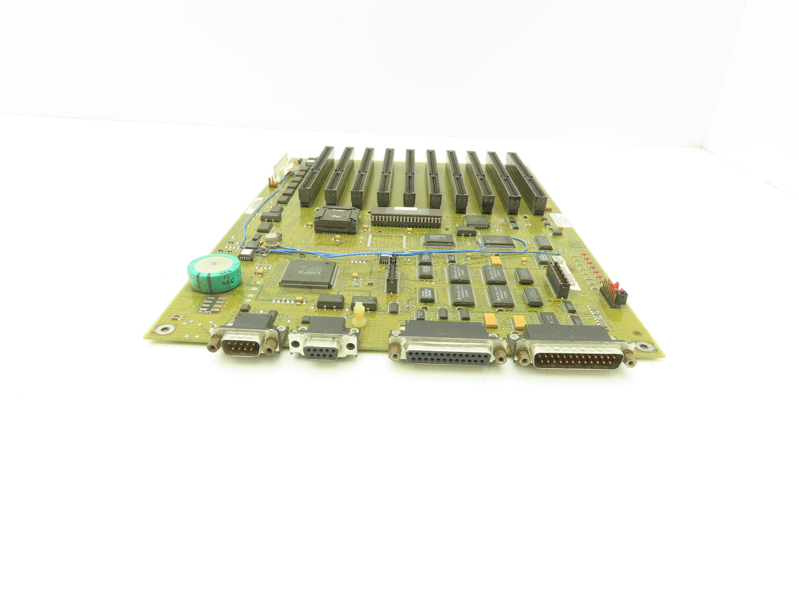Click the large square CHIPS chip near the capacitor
(x=309, y=275)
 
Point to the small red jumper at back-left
(x=271, y=182)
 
